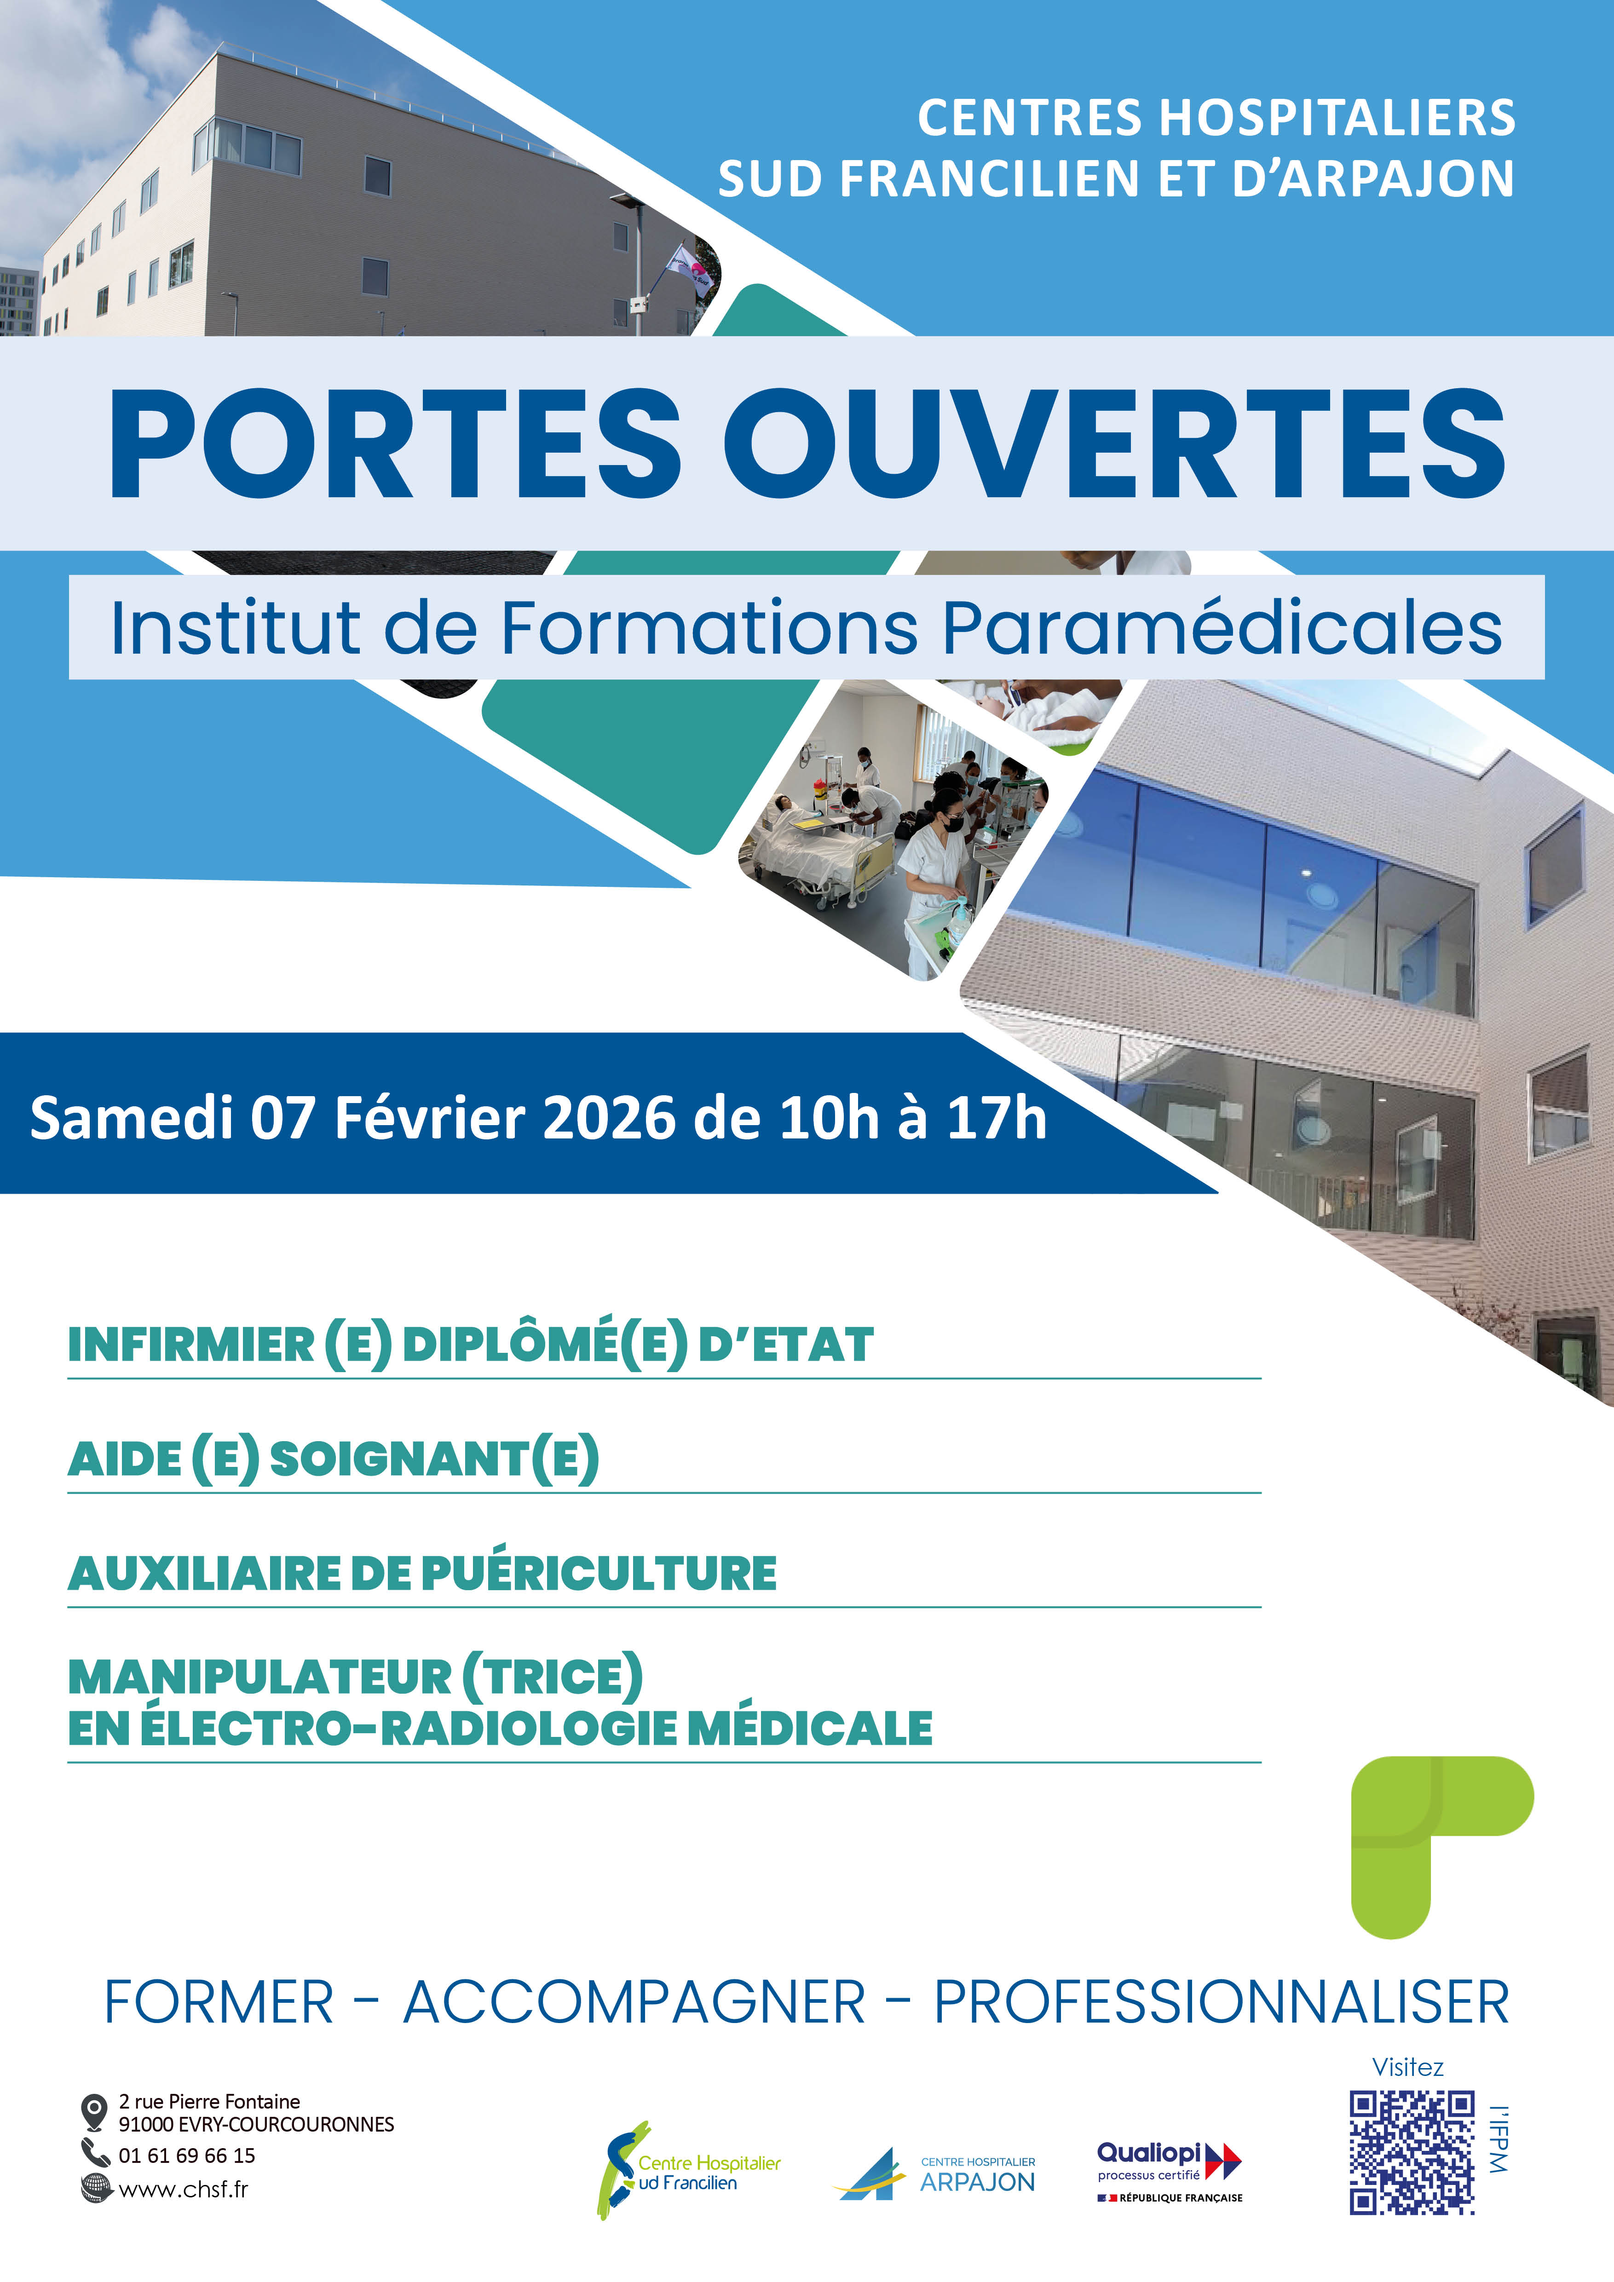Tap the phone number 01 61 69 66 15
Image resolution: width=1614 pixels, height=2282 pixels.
pyautogui.click(x=187, y=2155)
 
